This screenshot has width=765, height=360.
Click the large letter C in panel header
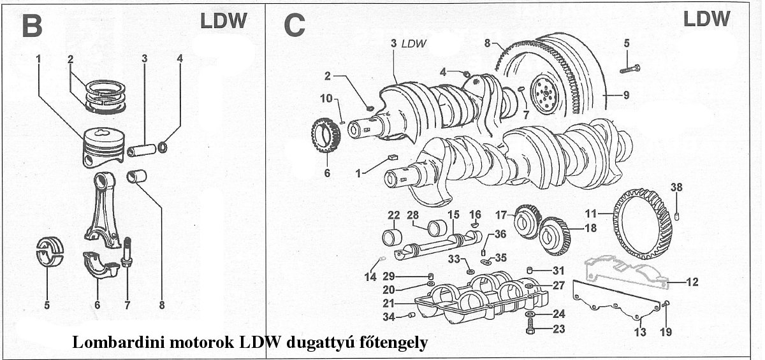[x=295, y=26]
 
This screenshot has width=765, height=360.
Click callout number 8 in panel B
[x=162, y=305]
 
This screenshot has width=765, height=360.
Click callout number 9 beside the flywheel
[x=626, y=96]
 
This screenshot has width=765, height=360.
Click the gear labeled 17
[x=527, y=219]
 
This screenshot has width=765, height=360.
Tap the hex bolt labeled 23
[x=530, y=329]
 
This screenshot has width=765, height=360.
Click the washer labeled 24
[x=530, y=315]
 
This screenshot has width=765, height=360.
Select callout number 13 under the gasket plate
[x=640, y=332]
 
